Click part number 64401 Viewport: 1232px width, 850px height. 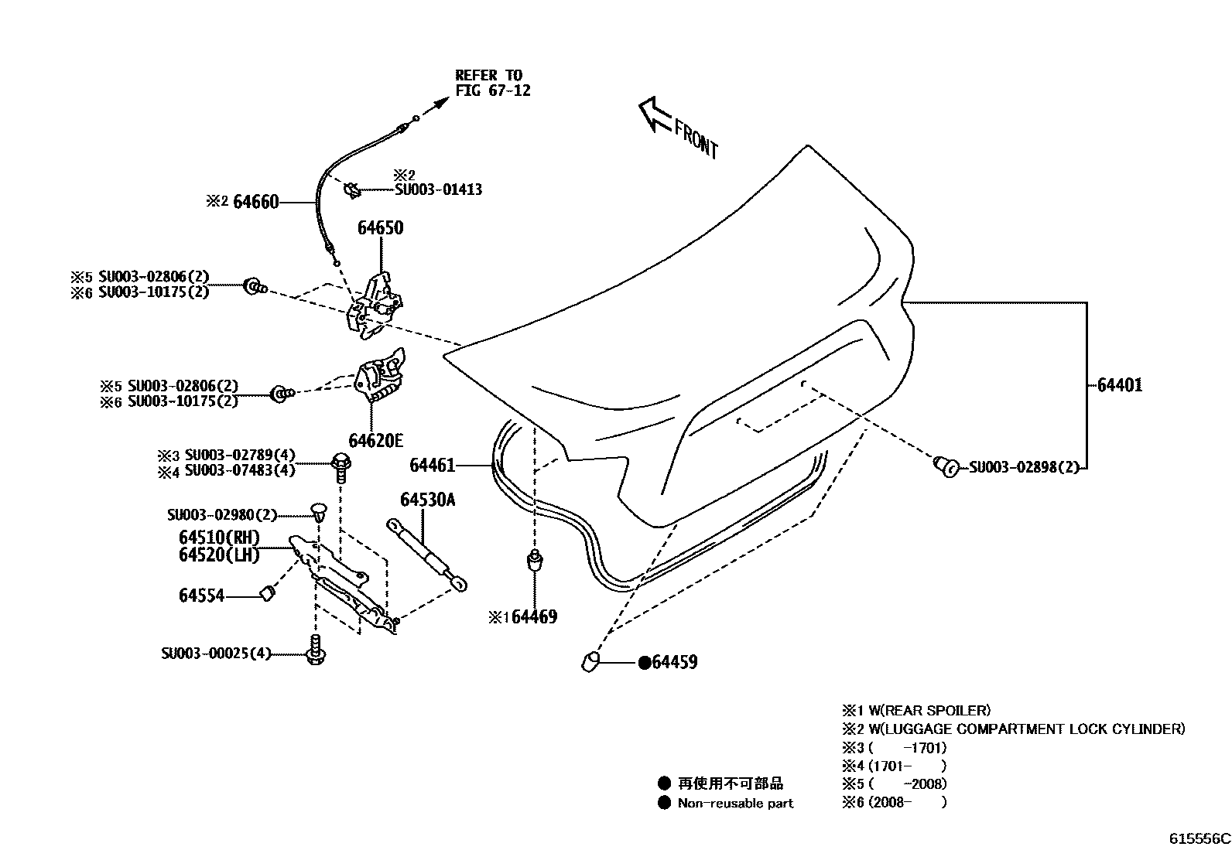(1119, 385)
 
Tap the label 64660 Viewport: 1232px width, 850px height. (255, 203)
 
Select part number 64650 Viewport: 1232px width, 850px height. (380, 228)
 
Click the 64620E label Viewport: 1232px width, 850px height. (375, 441)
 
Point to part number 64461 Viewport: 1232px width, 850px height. (432, 465)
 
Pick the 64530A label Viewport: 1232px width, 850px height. (427, 500)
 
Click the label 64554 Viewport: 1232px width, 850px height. (201, 596)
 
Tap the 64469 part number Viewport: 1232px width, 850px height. (534, 617)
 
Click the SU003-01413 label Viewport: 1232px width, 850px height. (438, 189)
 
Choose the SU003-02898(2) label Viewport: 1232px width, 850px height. (1023, 467)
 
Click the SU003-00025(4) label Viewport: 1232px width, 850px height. (216, 654)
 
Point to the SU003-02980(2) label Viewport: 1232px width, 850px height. (222, 515)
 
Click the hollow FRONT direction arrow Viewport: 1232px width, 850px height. (655, 114)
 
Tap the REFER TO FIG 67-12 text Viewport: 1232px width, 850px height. (493, 83)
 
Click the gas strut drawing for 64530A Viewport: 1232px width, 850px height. (428, 555)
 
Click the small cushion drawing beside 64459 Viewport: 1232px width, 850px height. (590, 662)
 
